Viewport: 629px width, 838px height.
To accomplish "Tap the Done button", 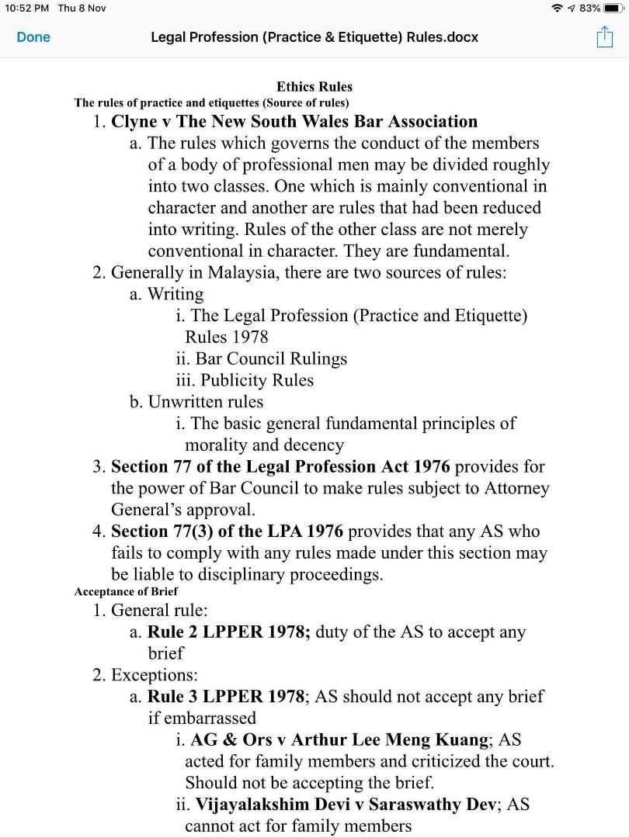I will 33,37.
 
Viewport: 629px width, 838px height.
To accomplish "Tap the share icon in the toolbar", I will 604,36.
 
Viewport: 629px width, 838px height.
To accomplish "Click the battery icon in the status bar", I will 613,8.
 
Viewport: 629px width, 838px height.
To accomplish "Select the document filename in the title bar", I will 314,37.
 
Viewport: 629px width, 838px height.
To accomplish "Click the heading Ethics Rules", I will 314,87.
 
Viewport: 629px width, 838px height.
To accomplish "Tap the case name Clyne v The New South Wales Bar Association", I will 294,121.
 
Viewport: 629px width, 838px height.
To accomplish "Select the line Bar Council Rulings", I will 271,358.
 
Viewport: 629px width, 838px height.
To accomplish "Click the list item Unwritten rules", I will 206,402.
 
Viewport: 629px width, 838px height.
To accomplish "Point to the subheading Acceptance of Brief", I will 127,591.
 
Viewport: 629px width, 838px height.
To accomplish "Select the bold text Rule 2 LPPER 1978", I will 228,632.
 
